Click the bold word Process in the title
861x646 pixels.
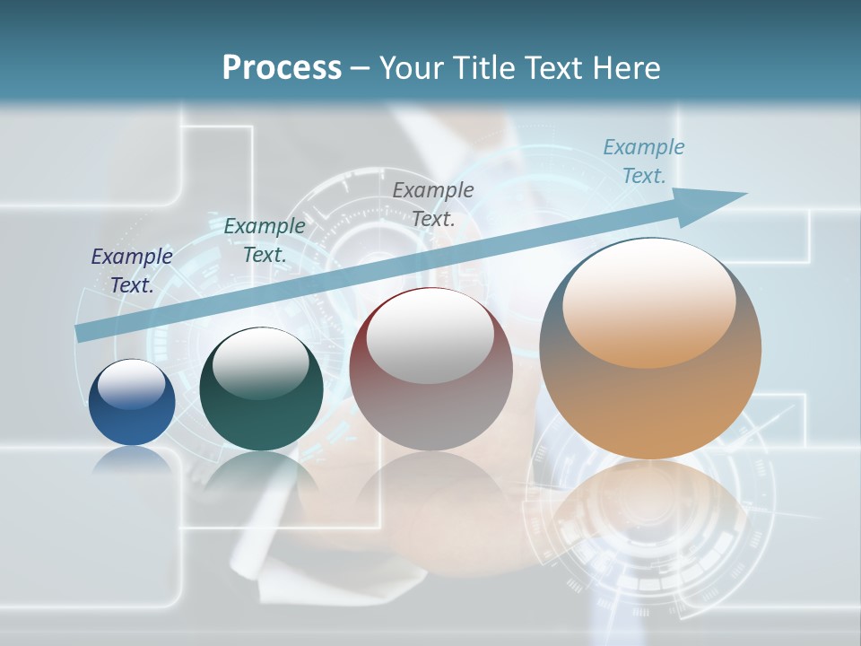tap(282, 68)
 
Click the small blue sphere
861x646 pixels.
tap(132, 413)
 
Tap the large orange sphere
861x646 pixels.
tap(650, 395)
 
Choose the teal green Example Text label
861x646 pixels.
tap(265, 240)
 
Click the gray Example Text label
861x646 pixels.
tap(433, 204)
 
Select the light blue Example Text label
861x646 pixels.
tap(644, 161)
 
